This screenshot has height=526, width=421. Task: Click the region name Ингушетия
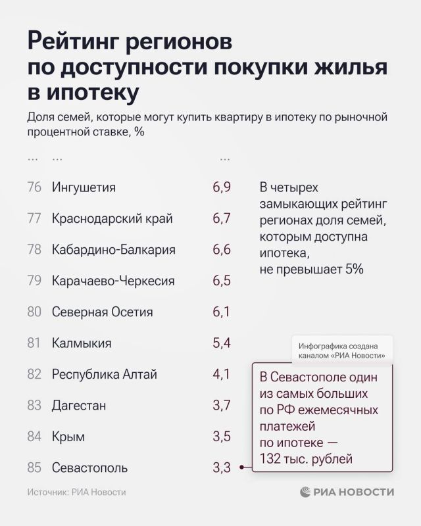click(84, 187)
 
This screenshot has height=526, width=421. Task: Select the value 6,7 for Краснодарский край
click(221, 218)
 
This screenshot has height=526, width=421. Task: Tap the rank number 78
click(35, 250)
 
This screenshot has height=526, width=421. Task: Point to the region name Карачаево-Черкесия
click(113, 281)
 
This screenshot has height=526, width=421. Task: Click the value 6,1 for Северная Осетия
click(221, 312)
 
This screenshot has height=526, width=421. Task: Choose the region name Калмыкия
click(82, 343)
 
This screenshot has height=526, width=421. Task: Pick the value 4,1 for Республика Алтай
click(221, 374)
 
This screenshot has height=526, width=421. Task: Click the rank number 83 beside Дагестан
click(35, 405)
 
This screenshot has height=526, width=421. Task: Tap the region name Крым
click(68, 437)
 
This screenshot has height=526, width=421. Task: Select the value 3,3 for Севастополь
click(221, 467)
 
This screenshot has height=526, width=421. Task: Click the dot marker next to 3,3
click(242, 468)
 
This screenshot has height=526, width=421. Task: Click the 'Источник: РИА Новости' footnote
click(76, 492)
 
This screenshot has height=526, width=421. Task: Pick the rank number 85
click(35, 467)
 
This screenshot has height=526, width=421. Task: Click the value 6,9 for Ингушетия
click(221, 187)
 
